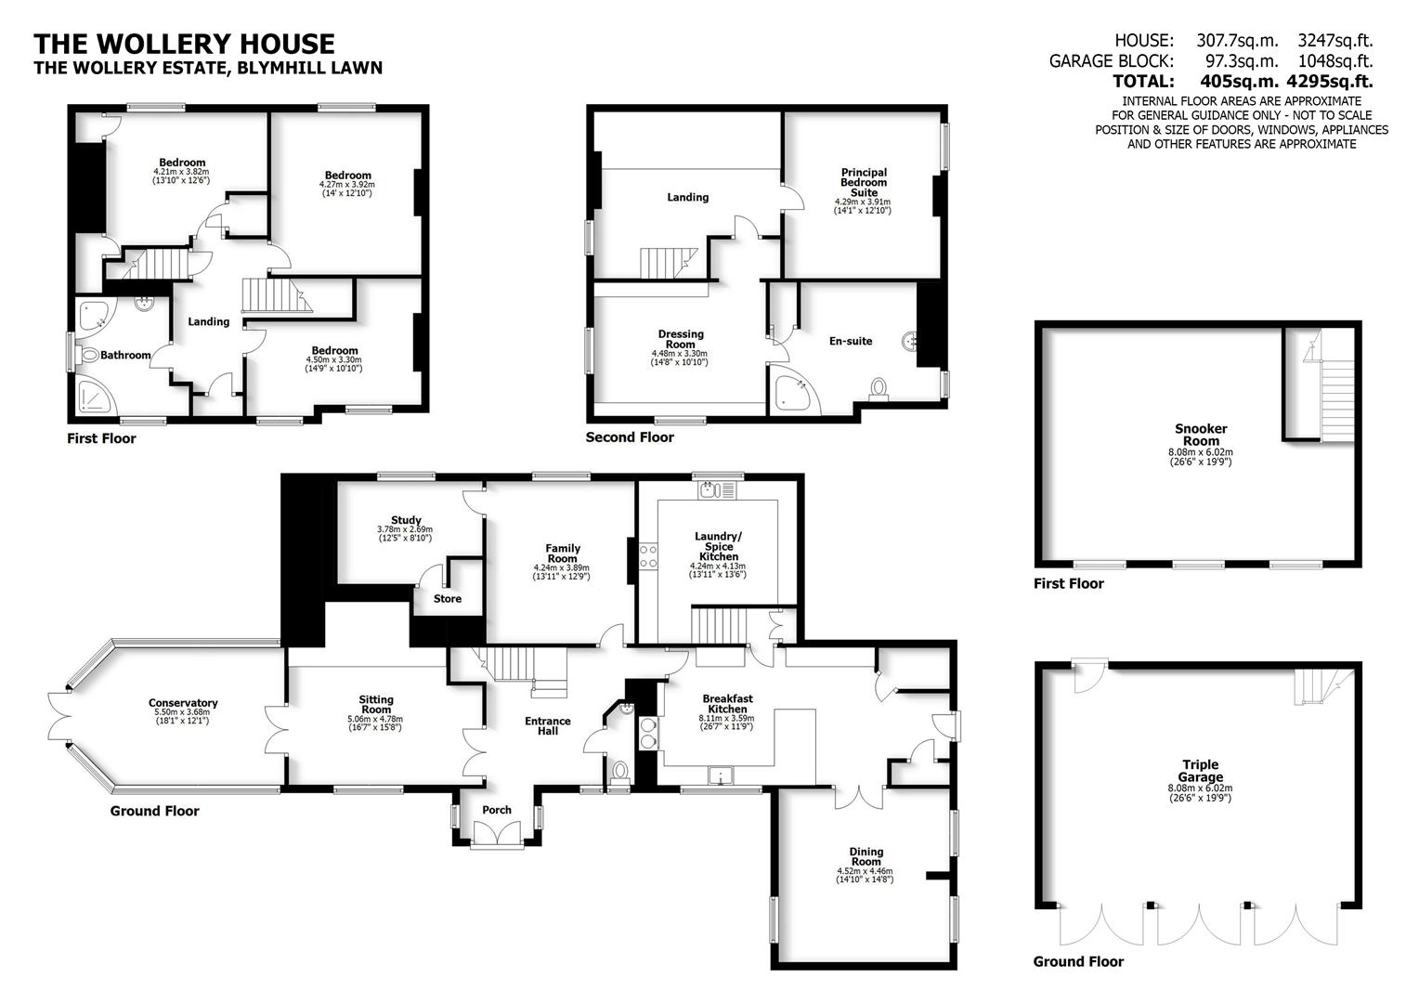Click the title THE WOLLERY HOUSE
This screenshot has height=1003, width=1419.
[184, 44]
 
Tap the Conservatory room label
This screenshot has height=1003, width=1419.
[183, 703]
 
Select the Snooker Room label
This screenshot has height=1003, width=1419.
[1201, 435]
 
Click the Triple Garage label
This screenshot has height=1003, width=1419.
[1201, 771]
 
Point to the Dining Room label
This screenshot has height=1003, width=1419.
[866, 856]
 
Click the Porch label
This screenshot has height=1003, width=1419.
[497, 810]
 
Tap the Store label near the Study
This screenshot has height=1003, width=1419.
[448, 599]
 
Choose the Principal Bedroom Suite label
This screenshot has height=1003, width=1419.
[864, 182]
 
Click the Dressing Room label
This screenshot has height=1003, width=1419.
[681, 339]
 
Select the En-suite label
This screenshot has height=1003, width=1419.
[851, 341]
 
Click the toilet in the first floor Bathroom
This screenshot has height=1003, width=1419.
[89, 355]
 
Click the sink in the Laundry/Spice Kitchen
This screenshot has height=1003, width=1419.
[709, 488]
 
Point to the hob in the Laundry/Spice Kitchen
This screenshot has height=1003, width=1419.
[648, 555]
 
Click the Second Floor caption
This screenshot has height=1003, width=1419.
[630, 436]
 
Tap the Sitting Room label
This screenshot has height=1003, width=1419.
[376, 705]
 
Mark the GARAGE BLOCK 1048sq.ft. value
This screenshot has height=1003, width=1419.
[1335, 61]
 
